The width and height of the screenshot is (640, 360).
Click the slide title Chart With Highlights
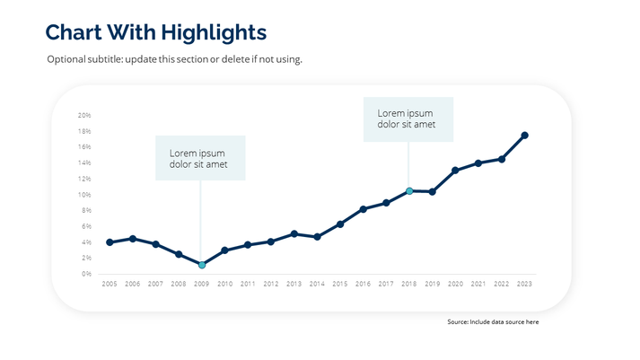click(156, 32)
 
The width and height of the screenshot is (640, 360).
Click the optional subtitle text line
click(174, 59)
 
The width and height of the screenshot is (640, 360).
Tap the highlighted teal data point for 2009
click(202, 265)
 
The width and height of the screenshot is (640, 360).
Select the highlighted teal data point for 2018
click(409, 191)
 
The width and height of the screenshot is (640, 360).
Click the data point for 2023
click(524, 136)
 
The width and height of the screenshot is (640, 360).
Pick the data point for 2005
click(110, 242)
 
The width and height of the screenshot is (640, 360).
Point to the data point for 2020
click(455, 170)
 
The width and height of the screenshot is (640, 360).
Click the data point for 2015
click(340, 224)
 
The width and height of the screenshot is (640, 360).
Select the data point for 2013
click(294, 233)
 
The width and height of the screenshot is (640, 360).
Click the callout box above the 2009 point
click(200, 158)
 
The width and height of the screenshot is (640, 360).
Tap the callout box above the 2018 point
click(408, 119)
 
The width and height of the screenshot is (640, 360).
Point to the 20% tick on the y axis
click(84, 116)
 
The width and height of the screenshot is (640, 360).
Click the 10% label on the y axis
click(84, 195)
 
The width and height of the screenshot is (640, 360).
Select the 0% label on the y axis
click(86, 274)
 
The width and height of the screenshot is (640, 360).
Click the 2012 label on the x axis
click(271, 284)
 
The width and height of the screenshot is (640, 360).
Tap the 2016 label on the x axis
click(363, 284)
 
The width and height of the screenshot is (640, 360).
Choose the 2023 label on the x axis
click(524, 284)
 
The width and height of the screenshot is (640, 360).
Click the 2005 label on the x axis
click(110, 284)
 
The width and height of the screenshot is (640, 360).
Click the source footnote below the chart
click(492, 321)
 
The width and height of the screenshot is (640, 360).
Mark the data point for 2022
click(502, 159)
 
